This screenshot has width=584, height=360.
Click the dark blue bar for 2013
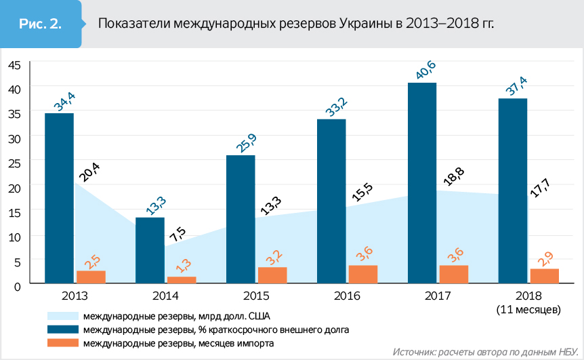point(59,198)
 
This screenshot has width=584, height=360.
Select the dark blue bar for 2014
point(150,249)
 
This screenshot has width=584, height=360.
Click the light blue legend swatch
point(62,316)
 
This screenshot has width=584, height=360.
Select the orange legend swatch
point(62,343)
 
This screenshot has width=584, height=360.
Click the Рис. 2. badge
point(41,24)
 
